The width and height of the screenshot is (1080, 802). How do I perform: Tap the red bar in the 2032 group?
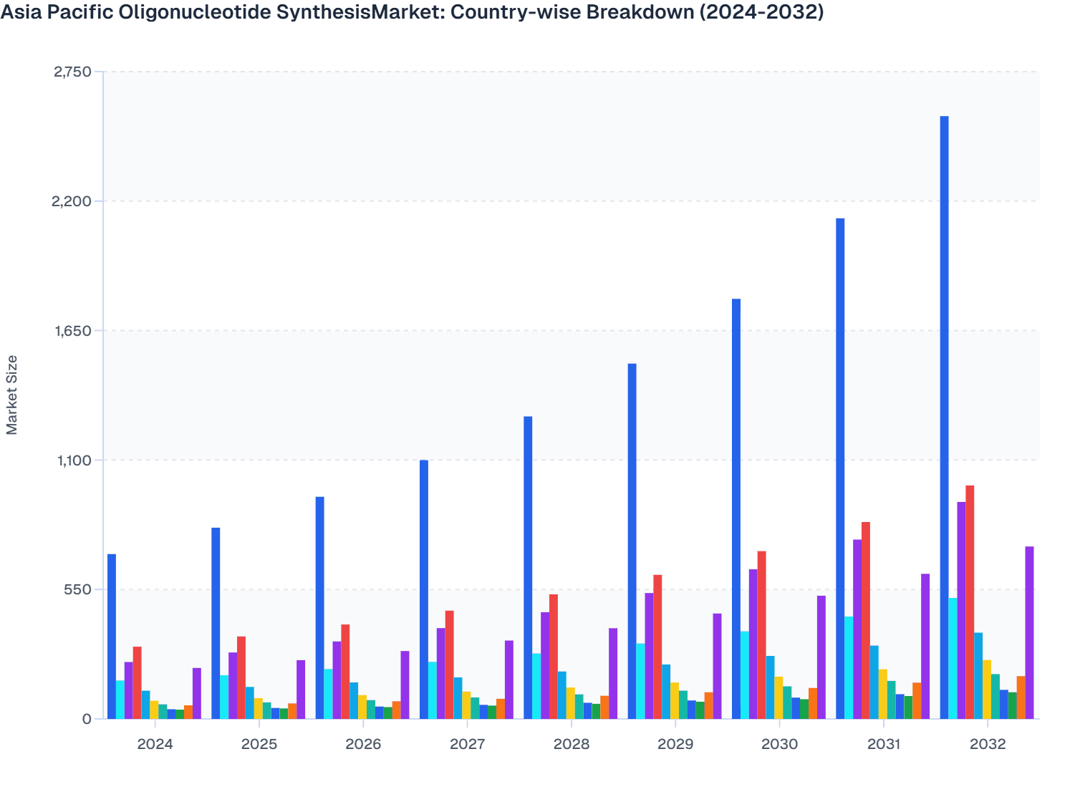[970, 601]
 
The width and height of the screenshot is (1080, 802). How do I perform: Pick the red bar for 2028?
[554, 656]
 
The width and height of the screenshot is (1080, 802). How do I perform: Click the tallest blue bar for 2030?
[736, 508]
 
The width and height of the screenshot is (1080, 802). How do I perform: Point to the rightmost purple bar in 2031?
[925, 646]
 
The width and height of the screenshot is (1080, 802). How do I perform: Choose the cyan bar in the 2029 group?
[640, 680]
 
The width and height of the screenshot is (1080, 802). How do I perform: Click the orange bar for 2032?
[1021, 697]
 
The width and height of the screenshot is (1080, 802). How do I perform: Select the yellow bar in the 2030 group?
[778, 697]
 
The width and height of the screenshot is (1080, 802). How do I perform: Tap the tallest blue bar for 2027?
[424, 589]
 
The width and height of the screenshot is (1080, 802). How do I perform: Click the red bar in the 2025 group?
[241, 677]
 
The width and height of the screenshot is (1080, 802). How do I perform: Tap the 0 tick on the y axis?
[87, 719]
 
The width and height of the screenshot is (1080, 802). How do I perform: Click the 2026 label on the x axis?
[363, 744]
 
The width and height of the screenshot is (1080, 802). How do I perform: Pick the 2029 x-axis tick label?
[675, 744]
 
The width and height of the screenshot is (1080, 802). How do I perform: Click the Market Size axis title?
[12, 395]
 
